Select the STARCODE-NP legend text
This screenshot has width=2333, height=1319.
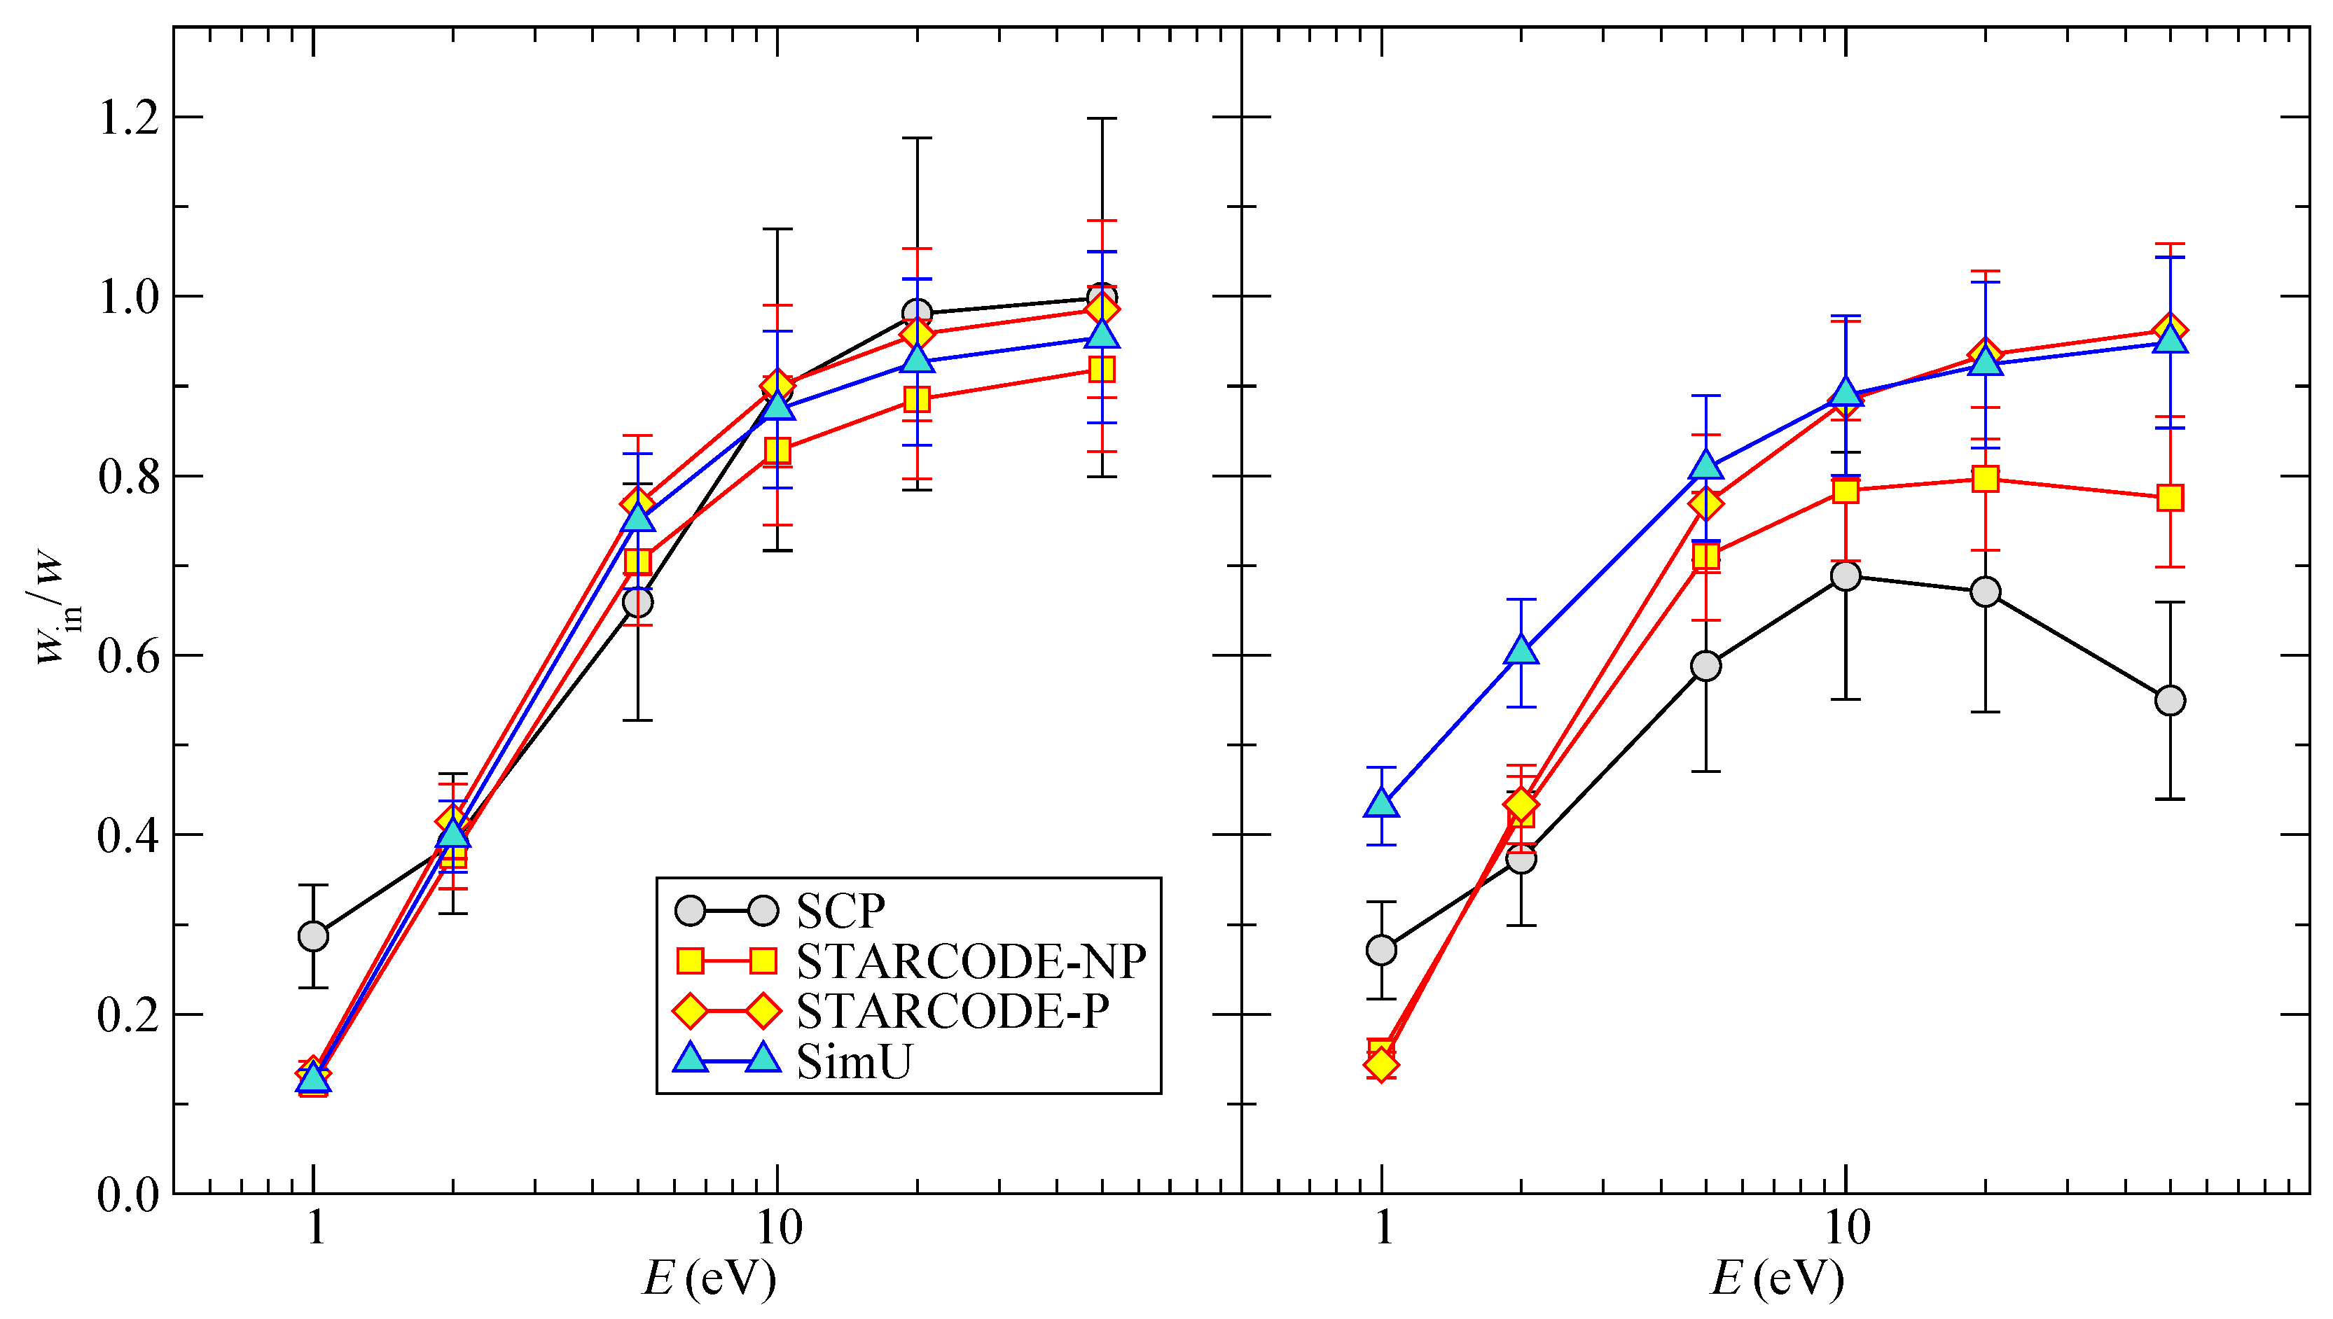pyautogui.click(x=970, y=961)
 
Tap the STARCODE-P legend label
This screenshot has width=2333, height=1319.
pyautogui.click(x=953, y=1011)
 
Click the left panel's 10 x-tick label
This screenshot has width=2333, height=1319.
pyautogui.click(x=777, y=1229)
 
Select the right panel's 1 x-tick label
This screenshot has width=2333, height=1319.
pyautogui.click(x=1383, y=1229)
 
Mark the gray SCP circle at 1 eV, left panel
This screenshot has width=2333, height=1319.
pyautogui.click(x=314, y=936)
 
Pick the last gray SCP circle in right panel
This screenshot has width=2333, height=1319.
pyautogui.click(x=2170, y=700)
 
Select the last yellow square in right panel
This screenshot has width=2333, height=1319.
pyautogui.click(x=2170, y=497)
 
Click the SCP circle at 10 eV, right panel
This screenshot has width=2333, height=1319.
pyautogui.click(x=1846, y=576)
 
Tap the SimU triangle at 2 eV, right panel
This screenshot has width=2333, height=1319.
pyautogui.click(x=1522, y=650)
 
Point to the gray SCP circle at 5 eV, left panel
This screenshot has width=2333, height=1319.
pyautogui.click(x=638, y=602)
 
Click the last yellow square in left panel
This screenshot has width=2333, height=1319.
pyautogui.click(x=1102, y=369)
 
